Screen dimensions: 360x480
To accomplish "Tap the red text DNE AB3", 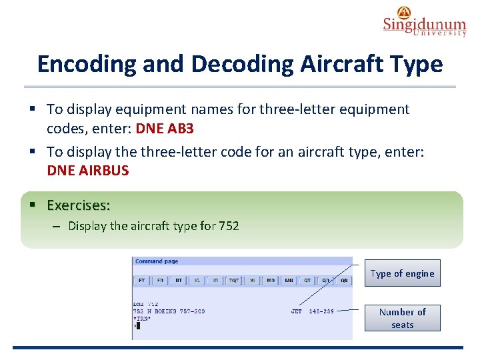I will point(164,127).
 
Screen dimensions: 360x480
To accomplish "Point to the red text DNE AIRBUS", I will point(87,171).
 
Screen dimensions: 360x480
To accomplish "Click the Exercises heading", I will point(79,205).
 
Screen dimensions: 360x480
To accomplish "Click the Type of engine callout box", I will point(402,273).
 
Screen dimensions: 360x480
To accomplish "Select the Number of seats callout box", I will point(402,318).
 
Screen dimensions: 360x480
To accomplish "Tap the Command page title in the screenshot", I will point(157,261).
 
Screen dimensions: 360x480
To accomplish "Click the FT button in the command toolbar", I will point(142,281).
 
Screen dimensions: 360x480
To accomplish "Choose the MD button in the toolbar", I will point(271,281).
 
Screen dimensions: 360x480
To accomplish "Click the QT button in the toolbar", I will point(307,281).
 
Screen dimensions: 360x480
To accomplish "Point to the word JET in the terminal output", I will point(297,311).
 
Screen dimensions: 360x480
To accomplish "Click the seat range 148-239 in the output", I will point(321,311).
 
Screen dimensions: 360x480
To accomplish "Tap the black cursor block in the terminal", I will point(138,325).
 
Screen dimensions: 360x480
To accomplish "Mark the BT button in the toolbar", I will point(179,281).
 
